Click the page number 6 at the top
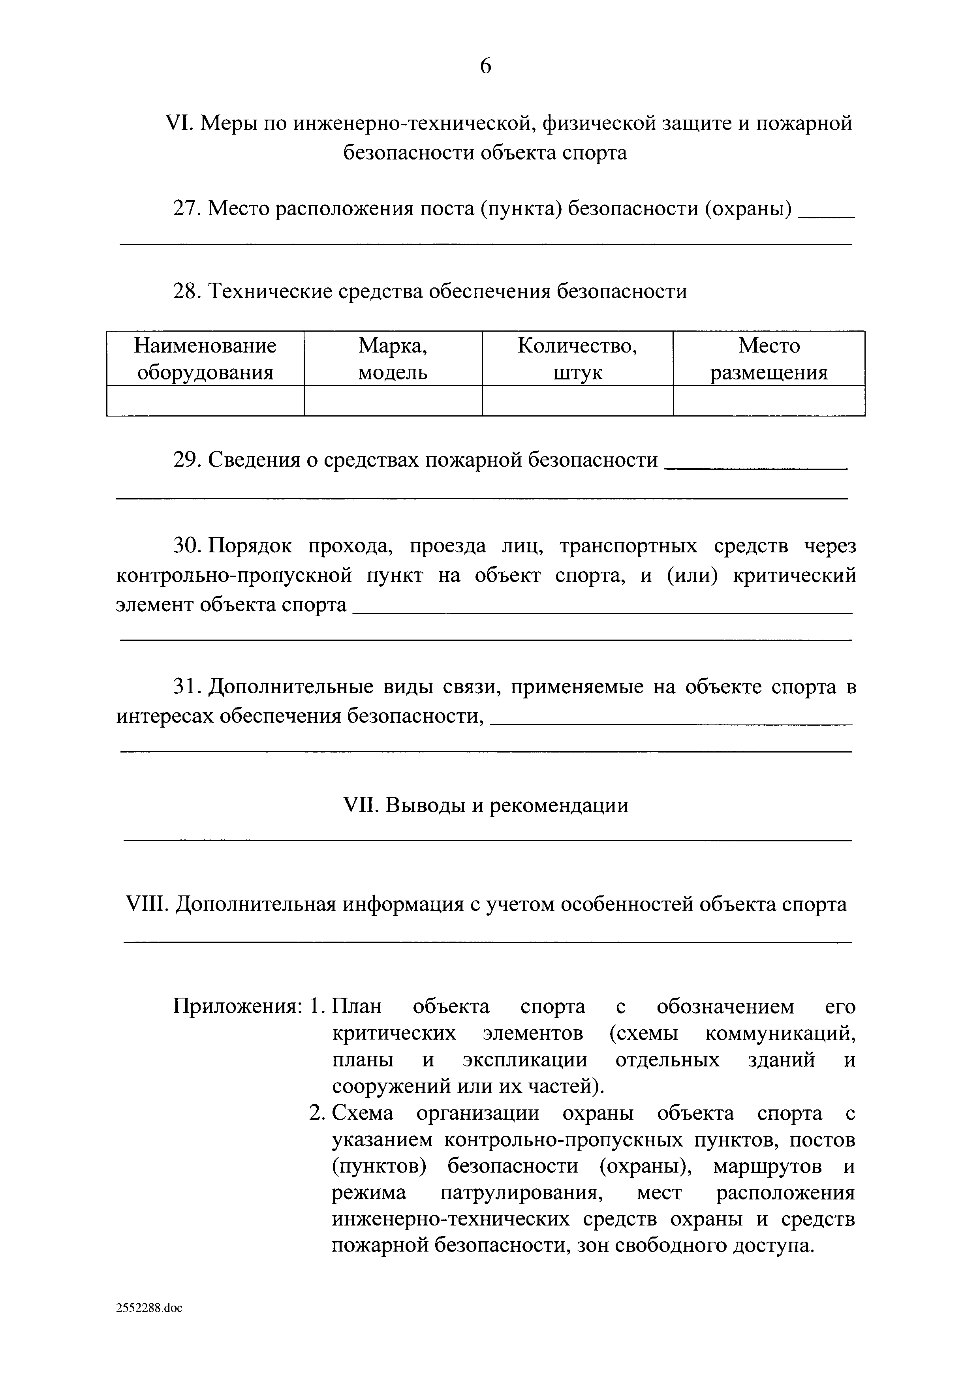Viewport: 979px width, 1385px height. click(x=486, y=65)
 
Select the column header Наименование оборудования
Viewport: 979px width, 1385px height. click(x=205, y=359)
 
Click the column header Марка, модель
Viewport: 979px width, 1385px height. click(x=393, y=359)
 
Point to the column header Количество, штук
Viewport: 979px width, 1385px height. click(x=577, y=359)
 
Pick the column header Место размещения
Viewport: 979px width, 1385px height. click(x=769, y=359)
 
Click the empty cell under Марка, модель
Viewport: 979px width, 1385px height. click(x=393, y=401)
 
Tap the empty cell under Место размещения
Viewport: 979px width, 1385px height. click(x=769, y=401)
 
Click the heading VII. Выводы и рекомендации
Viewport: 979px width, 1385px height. click(x=486, y=805)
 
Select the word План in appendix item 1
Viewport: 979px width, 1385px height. click(x=357, y=1006)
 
